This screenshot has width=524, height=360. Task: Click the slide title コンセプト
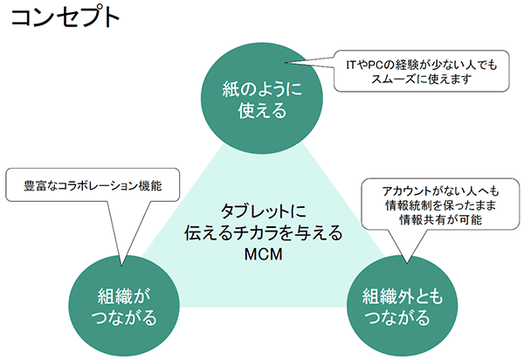click(x=65, y=17)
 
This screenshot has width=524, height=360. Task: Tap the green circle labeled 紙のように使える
click(x=262, y=98)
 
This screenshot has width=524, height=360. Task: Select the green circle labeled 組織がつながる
click(x=124, y=306)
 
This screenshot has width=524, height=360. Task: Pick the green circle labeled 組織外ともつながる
click(x=402, y=306)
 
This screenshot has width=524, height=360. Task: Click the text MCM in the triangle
click(x=264, y=254)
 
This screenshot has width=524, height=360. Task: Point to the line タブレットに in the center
click(x=264, y=211)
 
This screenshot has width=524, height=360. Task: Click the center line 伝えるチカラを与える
click(x=264, y=232)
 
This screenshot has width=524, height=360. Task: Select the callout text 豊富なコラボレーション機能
click(x=93, y=186)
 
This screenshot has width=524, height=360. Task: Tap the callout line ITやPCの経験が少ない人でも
click(x=422, y=65)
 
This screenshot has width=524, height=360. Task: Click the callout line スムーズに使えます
click(x=422, y=80)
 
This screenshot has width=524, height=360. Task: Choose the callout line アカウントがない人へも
click(x=440, y=191)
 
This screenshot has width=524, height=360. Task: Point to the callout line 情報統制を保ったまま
click(x=440, y=205)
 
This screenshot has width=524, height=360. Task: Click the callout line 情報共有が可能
click(x=440, y=220)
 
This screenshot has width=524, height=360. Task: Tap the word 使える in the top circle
click(x=262, y=110)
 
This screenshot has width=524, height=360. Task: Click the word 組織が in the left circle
click(x=124, y=296)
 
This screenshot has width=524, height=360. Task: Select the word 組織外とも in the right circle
click(x=403, y=296)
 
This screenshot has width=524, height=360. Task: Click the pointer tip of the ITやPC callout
click(x=285, y=62)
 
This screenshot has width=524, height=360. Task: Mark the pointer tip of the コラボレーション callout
click(x=121, y=266)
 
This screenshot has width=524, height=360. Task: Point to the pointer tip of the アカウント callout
click(x=407, y=263)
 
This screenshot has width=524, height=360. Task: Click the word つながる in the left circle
click(x=124, y=317)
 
